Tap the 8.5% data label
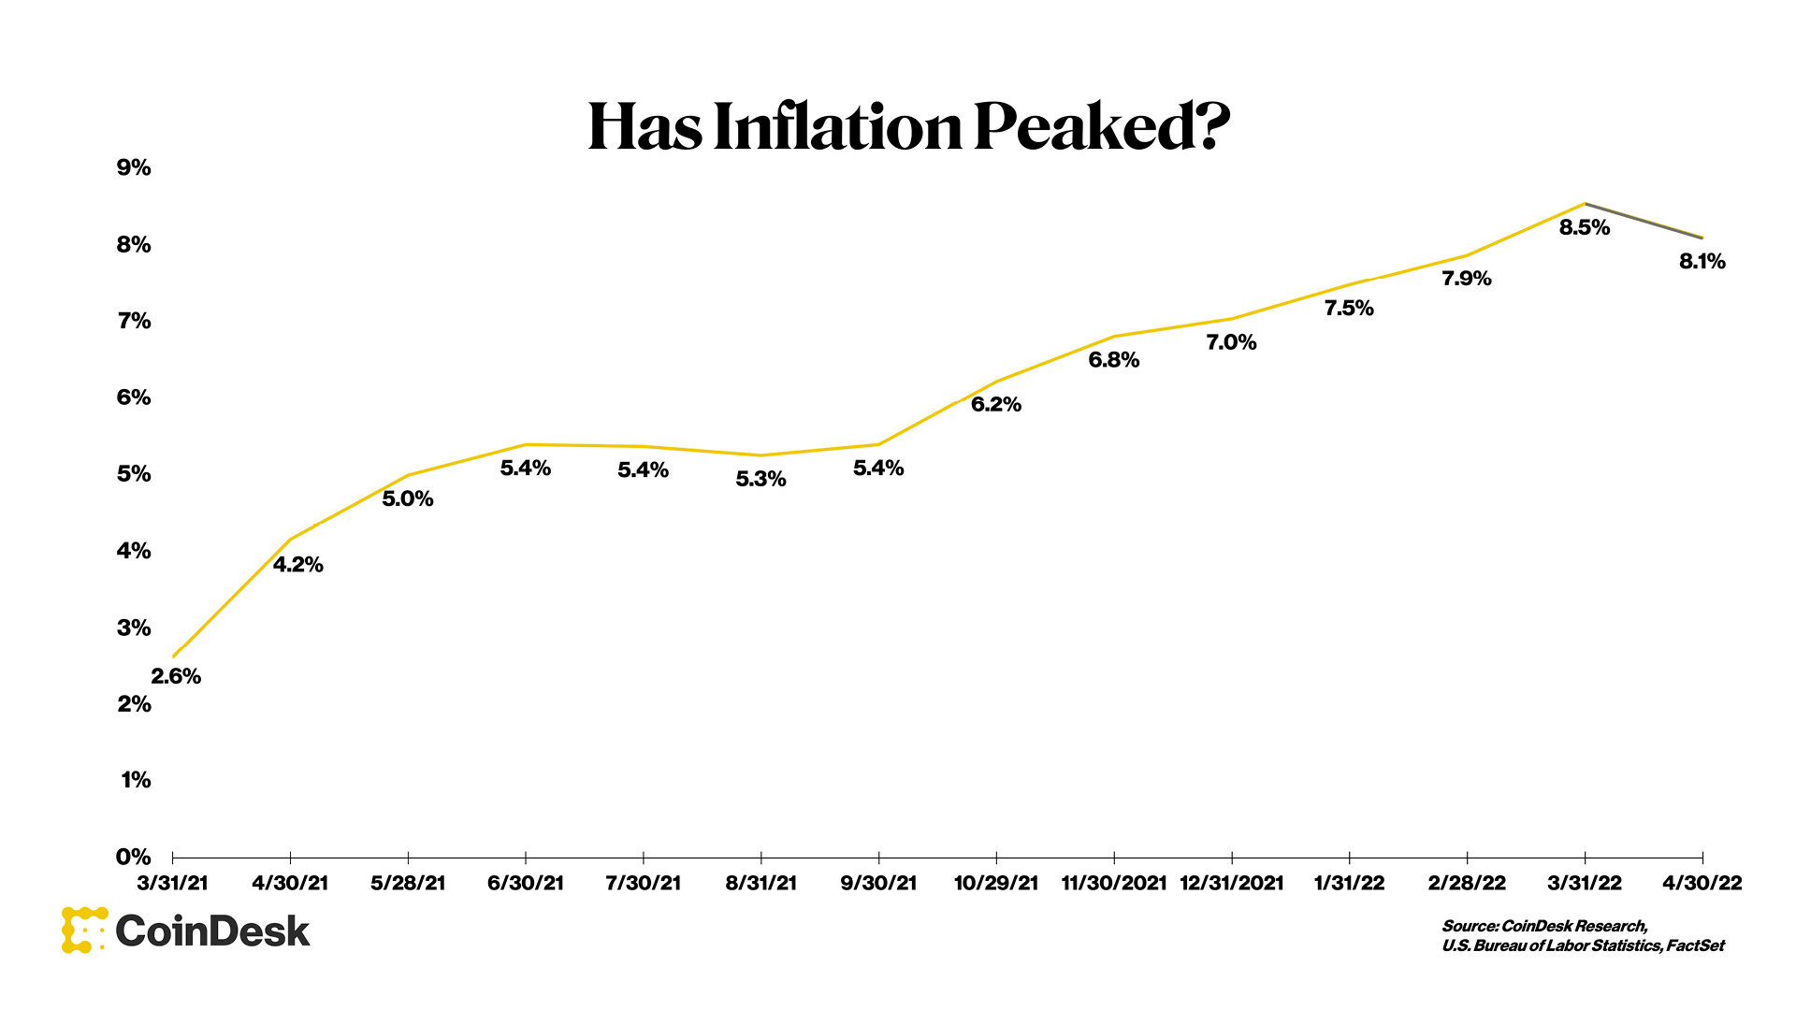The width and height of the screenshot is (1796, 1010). point(1584,227)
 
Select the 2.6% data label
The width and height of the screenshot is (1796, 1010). point(176,676)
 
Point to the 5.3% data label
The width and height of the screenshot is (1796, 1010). point(760,480)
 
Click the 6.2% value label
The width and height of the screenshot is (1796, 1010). point(995,405)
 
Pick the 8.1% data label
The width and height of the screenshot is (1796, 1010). point(1702,262)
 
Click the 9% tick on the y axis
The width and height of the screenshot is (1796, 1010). point(134,168)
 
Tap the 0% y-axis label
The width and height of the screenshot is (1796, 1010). point(134,857)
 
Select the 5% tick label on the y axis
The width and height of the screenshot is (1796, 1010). point(134,474)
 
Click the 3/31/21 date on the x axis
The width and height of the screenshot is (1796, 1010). point(173,884)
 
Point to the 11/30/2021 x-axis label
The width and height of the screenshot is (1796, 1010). point(1113,884)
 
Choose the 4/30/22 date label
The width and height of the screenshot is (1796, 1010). point(1702,884)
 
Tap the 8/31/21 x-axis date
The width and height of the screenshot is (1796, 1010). point(760,884)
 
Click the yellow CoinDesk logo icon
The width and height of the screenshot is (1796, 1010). point(82,931)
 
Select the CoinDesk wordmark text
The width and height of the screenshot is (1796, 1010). point(212,931)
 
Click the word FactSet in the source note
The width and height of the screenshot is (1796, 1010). point(1695,945)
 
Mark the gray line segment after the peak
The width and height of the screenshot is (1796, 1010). point(1644,221)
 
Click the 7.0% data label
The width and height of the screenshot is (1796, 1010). point(1231,343)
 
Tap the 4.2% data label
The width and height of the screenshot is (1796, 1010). point(297,565)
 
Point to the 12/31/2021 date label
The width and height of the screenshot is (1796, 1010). point(1231,884)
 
